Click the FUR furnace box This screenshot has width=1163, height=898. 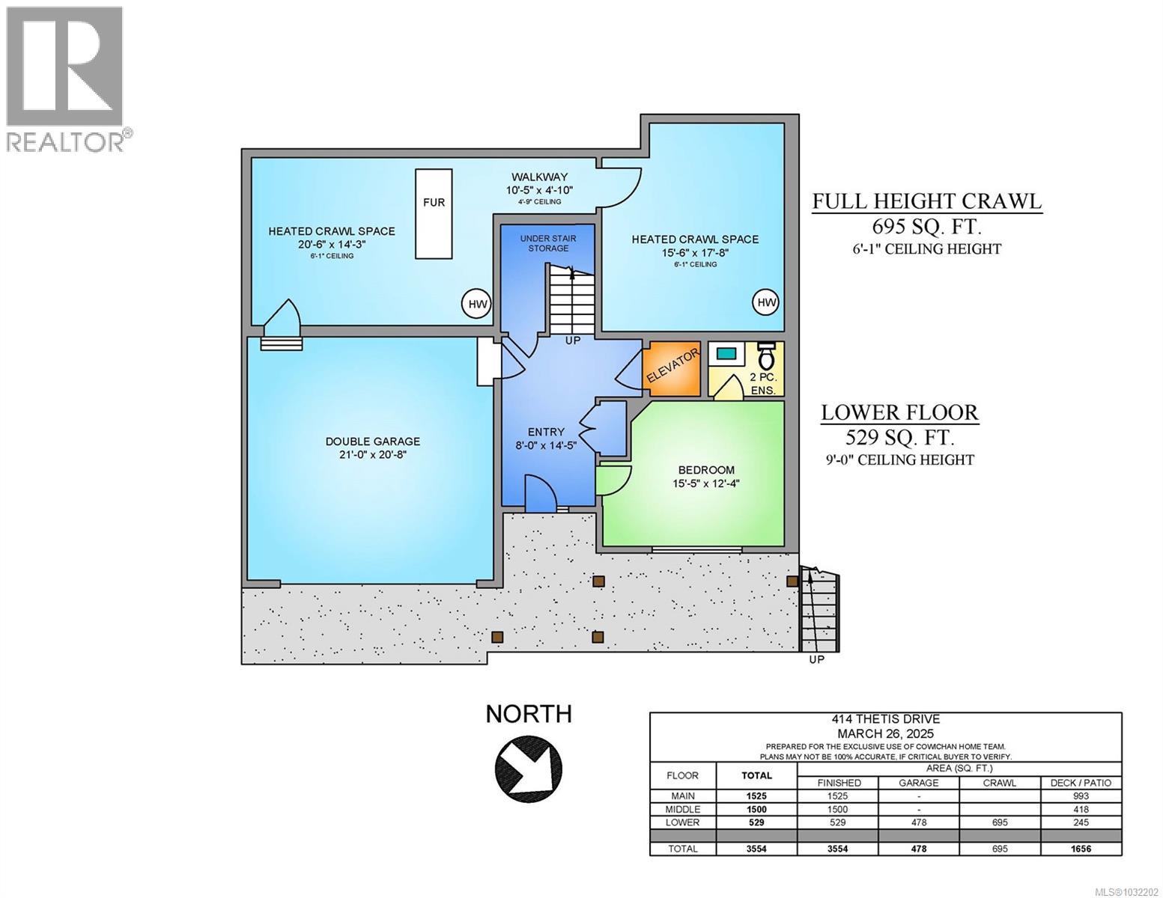[x=434, y=213]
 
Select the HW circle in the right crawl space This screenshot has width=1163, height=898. [x=765, y=302]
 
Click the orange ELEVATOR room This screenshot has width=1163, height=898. [x=672, y=368]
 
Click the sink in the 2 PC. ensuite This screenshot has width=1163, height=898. [x=725, y=352]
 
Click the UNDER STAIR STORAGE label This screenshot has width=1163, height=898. [x=548, y=243]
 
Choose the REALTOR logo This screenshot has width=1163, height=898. [x=65, y=79]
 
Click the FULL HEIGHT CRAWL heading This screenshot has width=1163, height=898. [x=927, y=201]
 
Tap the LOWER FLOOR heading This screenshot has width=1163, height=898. [x=899, y=412]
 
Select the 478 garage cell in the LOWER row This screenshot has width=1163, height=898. [x=918, y=822]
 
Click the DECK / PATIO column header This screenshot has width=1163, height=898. [x=1080, y=783]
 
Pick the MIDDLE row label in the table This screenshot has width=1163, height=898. [x=682, y=809]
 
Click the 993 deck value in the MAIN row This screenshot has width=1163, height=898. [x=1080, y=796]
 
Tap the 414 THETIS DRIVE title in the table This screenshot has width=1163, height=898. [x=885, y=721]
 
